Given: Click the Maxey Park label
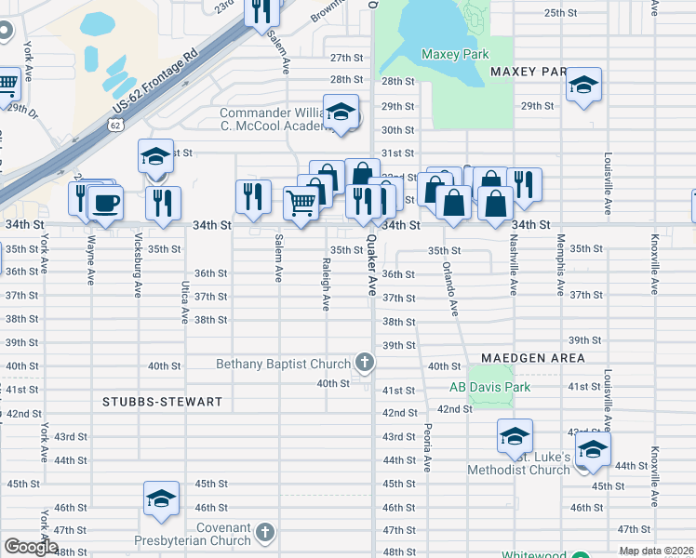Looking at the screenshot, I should (x=455, y=54).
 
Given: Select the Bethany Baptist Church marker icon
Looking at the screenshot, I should (x=365, y=364).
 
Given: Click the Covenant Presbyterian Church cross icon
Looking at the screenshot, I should (x=265, y=533).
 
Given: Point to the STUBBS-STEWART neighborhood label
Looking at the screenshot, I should (x=163, y=402).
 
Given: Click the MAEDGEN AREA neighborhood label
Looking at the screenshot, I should (x=533, y=358).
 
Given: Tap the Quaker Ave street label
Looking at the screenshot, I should (x=370, y=265).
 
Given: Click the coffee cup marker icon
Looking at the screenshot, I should (x=105, y=202).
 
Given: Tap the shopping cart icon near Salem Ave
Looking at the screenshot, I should (x=301, y=202).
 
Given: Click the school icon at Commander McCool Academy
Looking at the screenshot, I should (x=341, y=113).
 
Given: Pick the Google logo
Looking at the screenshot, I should (x=31, y=547).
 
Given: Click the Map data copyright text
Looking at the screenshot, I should (x=657, y=551).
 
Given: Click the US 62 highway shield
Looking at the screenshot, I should (x=114, y=124).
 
